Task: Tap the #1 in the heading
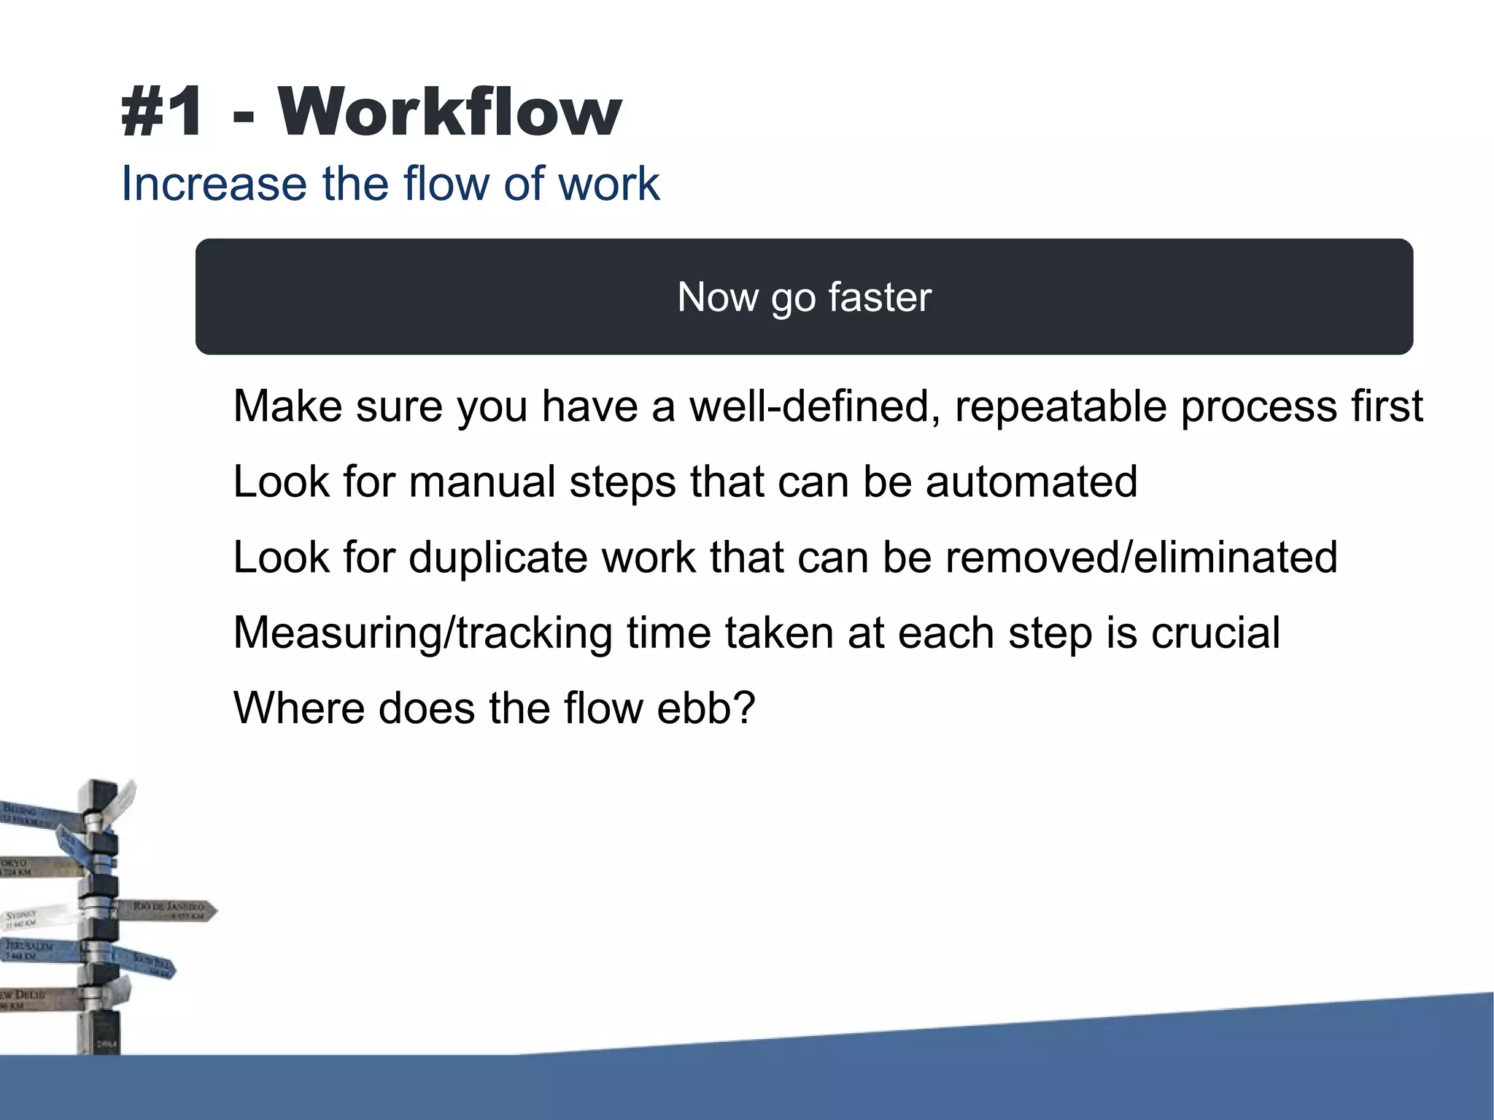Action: [x=162, y=112]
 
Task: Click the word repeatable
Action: [x=1061, y=406]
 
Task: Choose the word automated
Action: [x=1032, y=482]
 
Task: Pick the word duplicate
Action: [x=498, y=557]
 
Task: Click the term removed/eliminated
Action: [x=1141, y=557]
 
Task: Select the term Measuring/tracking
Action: [x=422, y=633]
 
